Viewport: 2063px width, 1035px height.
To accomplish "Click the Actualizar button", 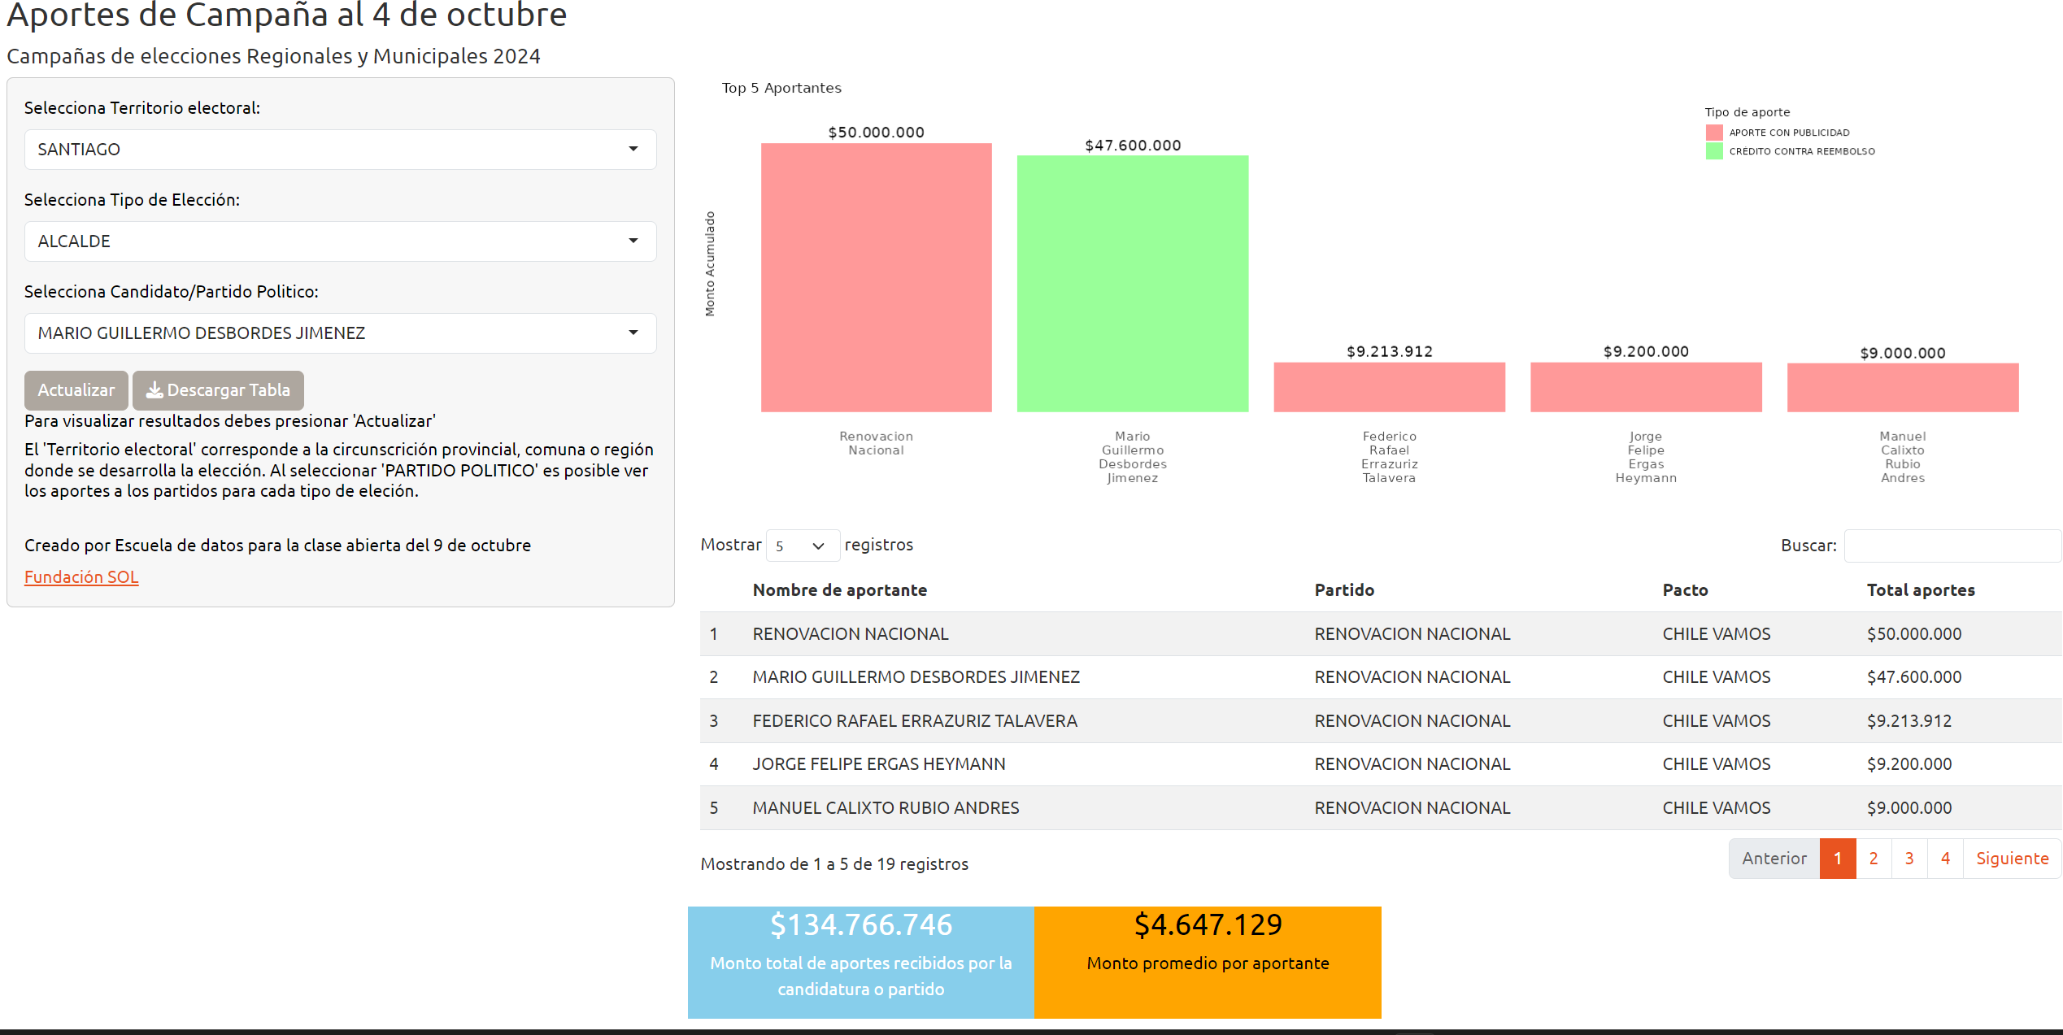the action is [x=76, y=390].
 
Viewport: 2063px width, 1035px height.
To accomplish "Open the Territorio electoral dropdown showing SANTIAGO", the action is [x=340, y=150].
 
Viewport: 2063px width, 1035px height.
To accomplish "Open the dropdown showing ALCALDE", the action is [x=340, y=241].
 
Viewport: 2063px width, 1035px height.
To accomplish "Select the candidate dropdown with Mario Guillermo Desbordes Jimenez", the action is [x=340, y=333].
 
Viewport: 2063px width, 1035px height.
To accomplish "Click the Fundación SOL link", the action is [x=81, y=576].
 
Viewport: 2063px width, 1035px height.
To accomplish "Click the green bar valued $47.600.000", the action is [x=1133, y=284].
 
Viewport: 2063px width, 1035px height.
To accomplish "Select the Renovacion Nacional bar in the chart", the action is [x=877, y=277].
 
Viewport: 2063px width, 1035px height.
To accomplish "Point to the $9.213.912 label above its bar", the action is [x=1390, y=351].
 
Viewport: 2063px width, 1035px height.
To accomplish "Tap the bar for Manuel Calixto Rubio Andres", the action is [x=1903, y=388].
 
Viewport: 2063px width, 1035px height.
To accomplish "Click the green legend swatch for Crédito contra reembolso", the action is [x=1714, y=151].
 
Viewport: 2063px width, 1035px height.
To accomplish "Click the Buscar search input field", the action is [x=1952, y=546].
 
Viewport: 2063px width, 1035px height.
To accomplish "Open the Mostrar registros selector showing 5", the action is [x=803, y=546].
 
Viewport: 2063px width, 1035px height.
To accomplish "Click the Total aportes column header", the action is [x=1921, y=590].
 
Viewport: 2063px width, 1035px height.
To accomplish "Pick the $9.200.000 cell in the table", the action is [x=1909, y=764].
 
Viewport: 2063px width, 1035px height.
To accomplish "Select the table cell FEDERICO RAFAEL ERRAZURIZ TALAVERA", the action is [x=915, y=721].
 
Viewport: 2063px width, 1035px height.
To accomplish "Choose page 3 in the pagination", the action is [x=1909, y=859].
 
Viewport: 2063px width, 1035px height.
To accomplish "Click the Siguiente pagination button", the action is [x=2013, y=859].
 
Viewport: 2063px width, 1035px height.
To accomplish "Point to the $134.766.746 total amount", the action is [x=861, y=925].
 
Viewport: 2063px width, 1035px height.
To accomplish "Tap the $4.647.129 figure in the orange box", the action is [x=1208, y=925].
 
